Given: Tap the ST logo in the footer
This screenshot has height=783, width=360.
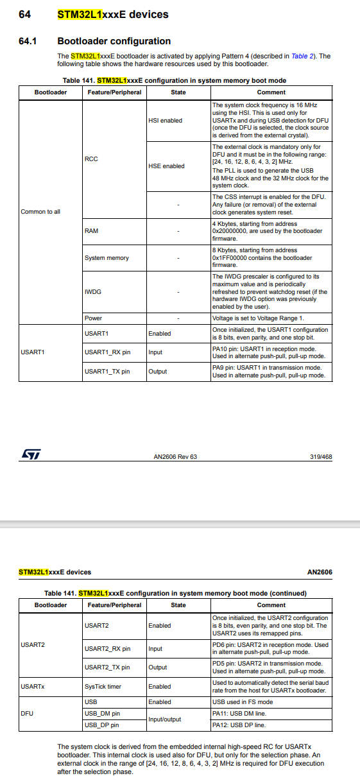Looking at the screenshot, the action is click(x=30, y=454).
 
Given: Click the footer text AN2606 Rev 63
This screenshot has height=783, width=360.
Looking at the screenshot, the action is click(x=175, y=457).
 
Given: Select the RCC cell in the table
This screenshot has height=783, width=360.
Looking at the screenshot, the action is click(x=91, y=159).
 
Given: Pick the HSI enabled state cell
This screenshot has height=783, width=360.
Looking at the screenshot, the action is click(x=165, y=120).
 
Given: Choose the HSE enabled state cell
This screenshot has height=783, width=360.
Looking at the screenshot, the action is click(x=166, y=166).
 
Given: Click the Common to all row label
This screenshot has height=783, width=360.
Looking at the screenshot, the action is click(x=40, y=211).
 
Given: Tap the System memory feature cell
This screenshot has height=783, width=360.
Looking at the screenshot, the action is click(x=107, y=258).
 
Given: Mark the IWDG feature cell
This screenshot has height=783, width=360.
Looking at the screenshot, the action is click(x=92, y=291).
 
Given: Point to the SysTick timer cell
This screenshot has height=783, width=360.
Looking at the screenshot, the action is click(x=105, y=686).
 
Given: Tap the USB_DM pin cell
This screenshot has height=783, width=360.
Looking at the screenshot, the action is click(x=103, y=714).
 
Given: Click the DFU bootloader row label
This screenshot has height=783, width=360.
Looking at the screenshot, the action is click(x=28, y=714).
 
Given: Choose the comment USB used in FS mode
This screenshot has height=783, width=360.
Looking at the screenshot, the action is click(x=242, y=702).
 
